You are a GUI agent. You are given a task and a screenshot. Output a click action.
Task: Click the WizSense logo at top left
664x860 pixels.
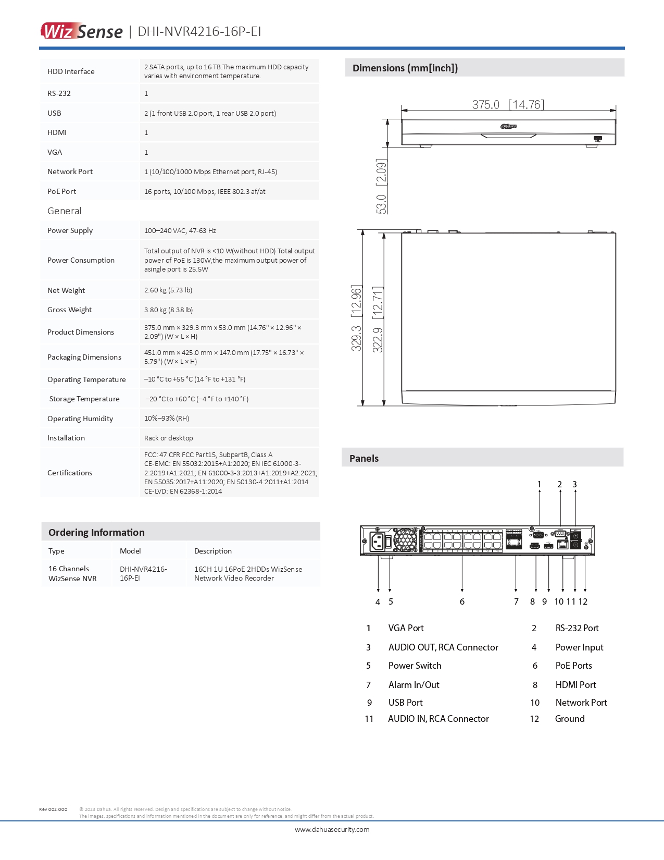82,31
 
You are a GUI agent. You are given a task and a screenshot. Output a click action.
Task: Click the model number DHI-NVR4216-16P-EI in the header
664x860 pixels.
199,32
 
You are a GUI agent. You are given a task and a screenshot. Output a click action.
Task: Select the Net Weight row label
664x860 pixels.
66,290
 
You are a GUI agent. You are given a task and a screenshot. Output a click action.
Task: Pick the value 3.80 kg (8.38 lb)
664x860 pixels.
168,310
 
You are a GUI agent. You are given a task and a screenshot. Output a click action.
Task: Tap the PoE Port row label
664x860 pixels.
61,191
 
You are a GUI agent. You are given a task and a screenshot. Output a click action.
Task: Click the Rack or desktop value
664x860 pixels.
168,438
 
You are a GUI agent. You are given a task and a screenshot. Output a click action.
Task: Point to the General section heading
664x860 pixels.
64,211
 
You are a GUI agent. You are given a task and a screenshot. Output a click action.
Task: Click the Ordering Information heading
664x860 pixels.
96,532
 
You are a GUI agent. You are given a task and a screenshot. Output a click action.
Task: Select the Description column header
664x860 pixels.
212,551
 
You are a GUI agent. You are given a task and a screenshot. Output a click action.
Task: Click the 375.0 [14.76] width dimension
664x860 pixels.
508,104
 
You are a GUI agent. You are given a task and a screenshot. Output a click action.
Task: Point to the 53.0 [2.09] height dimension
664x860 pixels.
381,186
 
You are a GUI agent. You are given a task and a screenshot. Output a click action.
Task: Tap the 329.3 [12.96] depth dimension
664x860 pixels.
356,318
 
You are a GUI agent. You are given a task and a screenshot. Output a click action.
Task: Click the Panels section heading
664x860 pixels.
364,459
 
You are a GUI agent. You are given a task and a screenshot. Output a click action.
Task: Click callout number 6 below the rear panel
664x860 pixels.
462,601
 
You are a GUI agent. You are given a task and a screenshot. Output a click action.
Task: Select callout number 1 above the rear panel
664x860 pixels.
539,484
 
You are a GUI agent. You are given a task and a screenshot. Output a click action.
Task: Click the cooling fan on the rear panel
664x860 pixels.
405,540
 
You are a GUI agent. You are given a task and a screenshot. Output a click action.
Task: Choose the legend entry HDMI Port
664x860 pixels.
575,685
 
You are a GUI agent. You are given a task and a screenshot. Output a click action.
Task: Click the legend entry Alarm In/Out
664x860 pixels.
414,685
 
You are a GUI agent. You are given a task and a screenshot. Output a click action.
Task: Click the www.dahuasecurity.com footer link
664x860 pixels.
332,829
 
